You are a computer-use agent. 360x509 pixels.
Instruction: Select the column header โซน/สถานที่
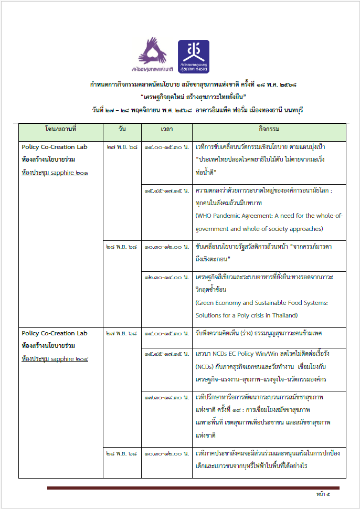pyautogui.click(x=60, y=129)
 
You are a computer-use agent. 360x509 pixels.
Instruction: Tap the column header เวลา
pyautogui.click(x=167, y=129)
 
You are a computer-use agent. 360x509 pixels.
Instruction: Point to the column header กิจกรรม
pyautogui.click(x=269, y=129)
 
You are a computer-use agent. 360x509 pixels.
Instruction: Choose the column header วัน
pyautogui.click(x=122, y=129)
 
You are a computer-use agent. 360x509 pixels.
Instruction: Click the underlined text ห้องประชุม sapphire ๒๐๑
pyautogui.click(x=55, y=172)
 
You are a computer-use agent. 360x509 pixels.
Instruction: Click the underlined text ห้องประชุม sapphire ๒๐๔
pyautogui.click(x=55, y=358)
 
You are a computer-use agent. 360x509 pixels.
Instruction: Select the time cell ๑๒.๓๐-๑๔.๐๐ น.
pyautogui.click(x=167, y=277)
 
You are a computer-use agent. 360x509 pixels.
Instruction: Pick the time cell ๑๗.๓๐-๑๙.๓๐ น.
pyautogui.click(x=167, y=397)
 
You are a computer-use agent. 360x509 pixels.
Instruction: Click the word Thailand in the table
pyautogui.click(x=282, y=315)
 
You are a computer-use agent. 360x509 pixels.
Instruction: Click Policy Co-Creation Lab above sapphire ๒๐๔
pyautogui.click(x=55, y=333)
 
